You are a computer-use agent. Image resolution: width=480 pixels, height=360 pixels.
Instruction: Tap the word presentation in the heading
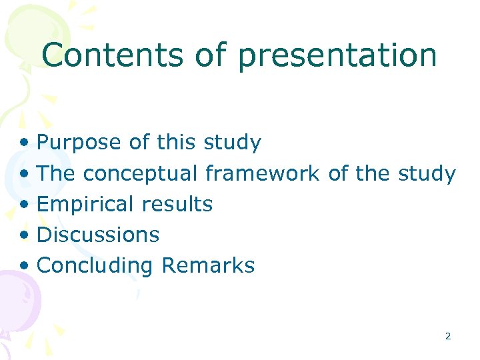click(x=337, y=57)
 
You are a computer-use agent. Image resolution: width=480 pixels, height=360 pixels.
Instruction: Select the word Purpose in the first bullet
click(x=79, y=143)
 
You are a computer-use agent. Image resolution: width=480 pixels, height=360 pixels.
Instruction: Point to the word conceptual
click(x=141, y=174)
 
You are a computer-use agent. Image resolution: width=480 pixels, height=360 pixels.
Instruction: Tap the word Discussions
click(x=98, y=235)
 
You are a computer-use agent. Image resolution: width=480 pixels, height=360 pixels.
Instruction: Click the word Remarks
click(x=208, y=265)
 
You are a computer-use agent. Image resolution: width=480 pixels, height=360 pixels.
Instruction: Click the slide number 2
click(x=448, y=336)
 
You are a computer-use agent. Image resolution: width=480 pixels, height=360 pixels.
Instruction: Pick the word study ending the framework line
click(x=427, y=174)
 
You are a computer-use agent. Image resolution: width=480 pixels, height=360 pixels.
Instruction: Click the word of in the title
click(x=211, y=55)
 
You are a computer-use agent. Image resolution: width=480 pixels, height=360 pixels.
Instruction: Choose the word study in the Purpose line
click(x=233, y=143)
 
